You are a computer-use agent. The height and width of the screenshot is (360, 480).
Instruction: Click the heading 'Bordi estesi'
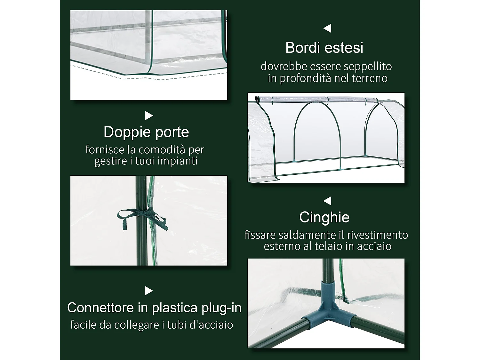point(324,48)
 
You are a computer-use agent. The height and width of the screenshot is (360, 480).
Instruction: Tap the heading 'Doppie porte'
point(146,132)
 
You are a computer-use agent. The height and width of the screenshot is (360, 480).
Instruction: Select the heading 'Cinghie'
point(324,218)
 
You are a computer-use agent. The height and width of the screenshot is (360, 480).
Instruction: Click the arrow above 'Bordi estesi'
point(327,28)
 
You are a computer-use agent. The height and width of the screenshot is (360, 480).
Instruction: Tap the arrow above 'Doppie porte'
point(149,116)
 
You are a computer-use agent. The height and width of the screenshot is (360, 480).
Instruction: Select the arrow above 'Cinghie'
point(327,201)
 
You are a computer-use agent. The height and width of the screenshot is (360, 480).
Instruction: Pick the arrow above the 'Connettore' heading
point(149,291)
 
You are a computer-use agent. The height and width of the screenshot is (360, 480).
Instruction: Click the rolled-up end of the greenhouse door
point(257,98)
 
